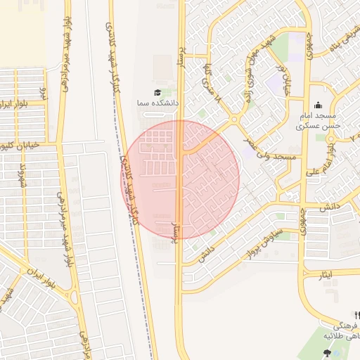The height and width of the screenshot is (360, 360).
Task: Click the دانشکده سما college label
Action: [158, 103]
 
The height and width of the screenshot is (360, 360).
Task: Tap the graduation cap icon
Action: [157, 92]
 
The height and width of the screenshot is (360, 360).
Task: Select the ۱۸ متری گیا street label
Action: [212, 84]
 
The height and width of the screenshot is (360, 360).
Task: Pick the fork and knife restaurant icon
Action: [357, 314]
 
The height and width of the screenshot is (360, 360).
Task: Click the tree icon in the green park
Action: [326, 353]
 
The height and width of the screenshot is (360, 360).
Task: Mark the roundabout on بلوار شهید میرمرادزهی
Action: [75, 296]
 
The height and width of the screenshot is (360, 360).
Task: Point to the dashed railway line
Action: [141, 267]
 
